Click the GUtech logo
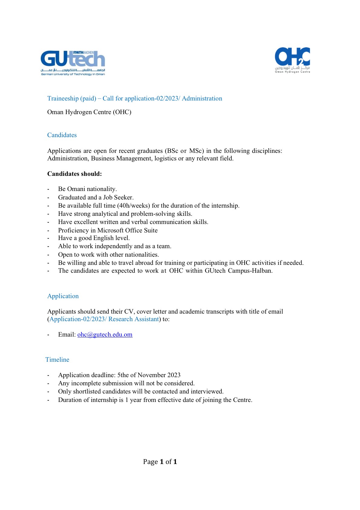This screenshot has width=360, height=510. point(73,63)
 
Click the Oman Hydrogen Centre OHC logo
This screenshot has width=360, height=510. point(292,60)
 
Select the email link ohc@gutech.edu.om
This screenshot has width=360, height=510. point(105,334)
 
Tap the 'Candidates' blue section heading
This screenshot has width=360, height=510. point(62,135)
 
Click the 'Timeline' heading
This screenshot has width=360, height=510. point(57,360)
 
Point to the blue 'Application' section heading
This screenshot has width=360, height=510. point(63,296)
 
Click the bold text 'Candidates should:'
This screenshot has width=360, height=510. point(74,174)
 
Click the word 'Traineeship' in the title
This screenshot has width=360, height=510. point(63,98)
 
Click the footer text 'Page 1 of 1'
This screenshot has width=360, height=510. point(160,462)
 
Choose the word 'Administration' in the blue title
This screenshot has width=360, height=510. point(202,98)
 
